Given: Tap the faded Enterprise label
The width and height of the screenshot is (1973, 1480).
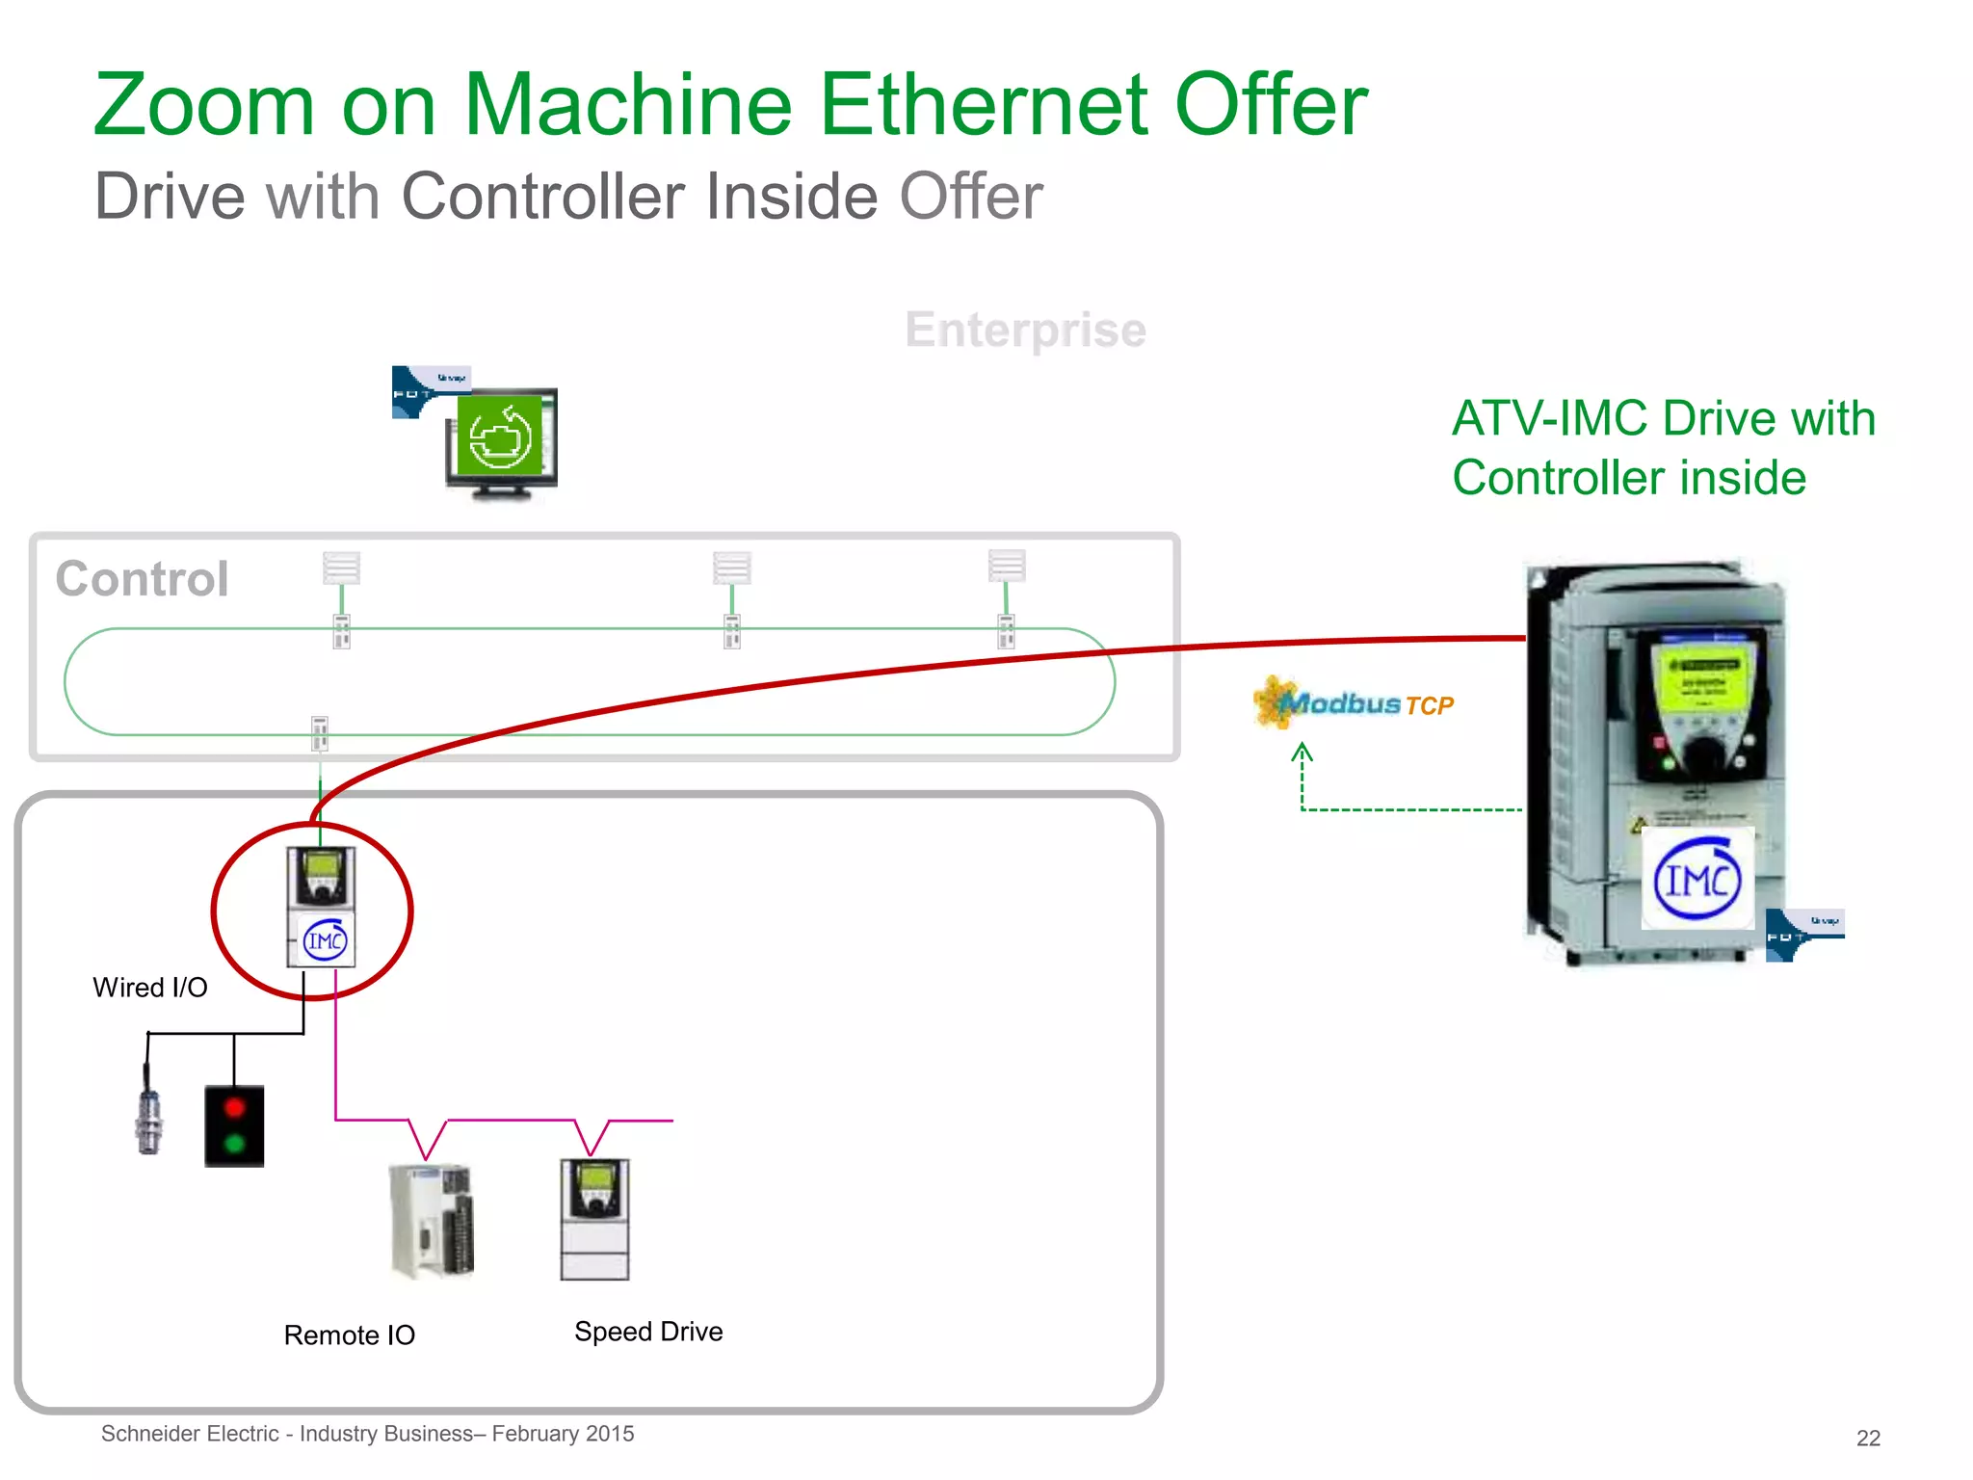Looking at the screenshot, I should point(1025,330).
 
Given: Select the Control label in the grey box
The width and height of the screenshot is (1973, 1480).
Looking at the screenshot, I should point(143,578).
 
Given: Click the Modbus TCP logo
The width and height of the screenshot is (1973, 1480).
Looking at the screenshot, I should point(1354,703).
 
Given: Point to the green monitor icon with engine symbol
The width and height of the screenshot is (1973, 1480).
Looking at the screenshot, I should point(500,438).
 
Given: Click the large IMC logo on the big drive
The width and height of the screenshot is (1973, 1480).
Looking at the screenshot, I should point(1697,879).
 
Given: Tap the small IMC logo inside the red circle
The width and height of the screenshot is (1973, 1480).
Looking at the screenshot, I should point(325,940).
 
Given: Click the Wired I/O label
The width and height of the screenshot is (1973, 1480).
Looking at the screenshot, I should point(150,988).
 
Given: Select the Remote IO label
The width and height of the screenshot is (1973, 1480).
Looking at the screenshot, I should point(349,1335).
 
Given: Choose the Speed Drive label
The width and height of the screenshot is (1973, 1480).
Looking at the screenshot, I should point(648,1332).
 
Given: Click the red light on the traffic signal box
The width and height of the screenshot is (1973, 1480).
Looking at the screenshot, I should point(234,1108).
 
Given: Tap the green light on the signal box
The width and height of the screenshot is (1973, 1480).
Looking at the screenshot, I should point(234,1145).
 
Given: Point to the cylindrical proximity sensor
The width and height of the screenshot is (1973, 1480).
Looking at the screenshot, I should point(148,1120).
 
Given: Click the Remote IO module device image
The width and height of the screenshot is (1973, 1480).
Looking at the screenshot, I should point(433,1221).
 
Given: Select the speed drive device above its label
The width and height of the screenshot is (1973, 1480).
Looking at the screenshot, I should point(594,1219).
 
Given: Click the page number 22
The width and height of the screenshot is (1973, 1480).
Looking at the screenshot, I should point(1868,1438).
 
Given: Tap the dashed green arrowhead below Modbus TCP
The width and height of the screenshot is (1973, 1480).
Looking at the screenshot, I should point(1302,751).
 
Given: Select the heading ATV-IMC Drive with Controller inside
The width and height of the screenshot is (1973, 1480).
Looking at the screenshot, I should point(1663,448).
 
